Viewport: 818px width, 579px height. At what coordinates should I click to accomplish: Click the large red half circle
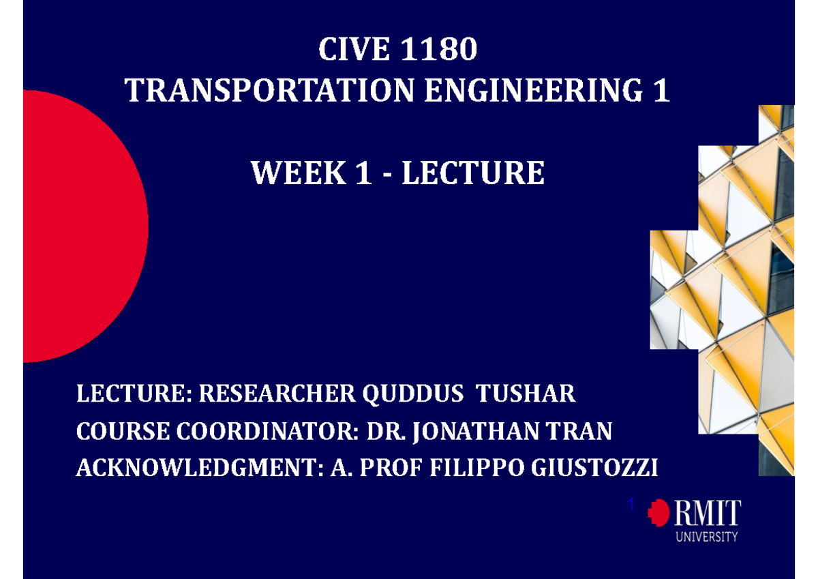tap(82, 225)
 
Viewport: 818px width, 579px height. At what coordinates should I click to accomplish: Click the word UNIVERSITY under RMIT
tap(707, 537)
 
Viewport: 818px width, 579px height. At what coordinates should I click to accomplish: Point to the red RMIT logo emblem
tap(659, 513)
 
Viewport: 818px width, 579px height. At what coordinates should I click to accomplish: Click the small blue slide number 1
tap(631, 504)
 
